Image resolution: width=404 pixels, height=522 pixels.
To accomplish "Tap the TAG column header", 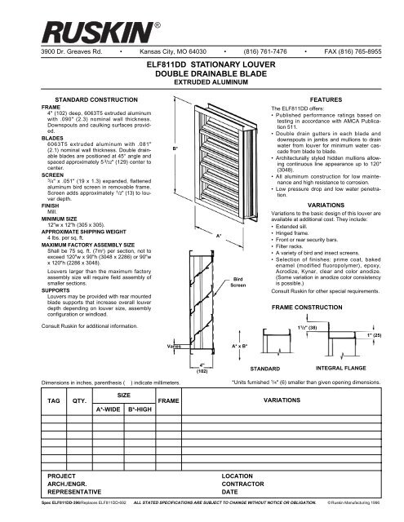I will [32, 401].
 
